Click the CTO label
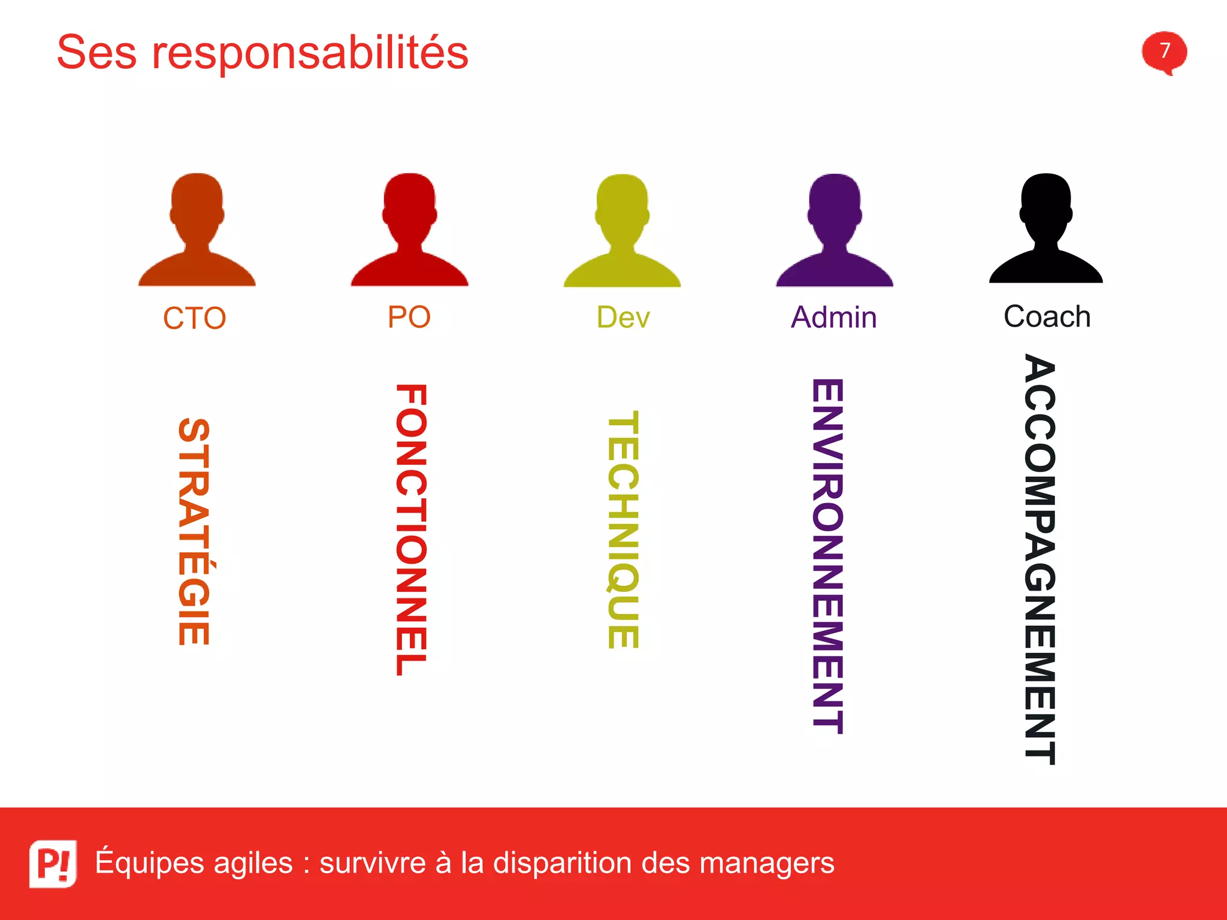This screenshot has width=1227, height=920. (195, 318)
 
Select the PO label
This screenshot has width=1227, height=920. (409, 317)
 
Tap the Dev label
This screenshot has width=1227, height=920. (623, 317)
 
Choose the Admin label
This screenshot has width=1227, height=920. (833, 317)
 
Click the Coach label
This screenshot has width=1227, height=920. (1047, 316)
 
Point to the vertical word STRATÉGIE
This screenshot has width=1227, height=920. (195, 531)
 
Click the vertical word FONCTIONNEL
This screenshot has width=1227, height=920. (411, 530)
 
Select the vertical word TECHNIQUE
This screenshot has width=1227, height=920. (623, 530)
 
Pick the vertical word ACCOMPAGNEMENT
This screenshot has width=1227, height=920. (1039, 559)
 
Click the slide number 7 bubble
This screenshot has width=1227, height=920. (1164, 52)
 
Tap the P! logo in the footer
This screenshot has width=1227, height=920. (53, 863)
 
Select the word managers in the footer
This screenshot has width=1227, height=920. (766, 863)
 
